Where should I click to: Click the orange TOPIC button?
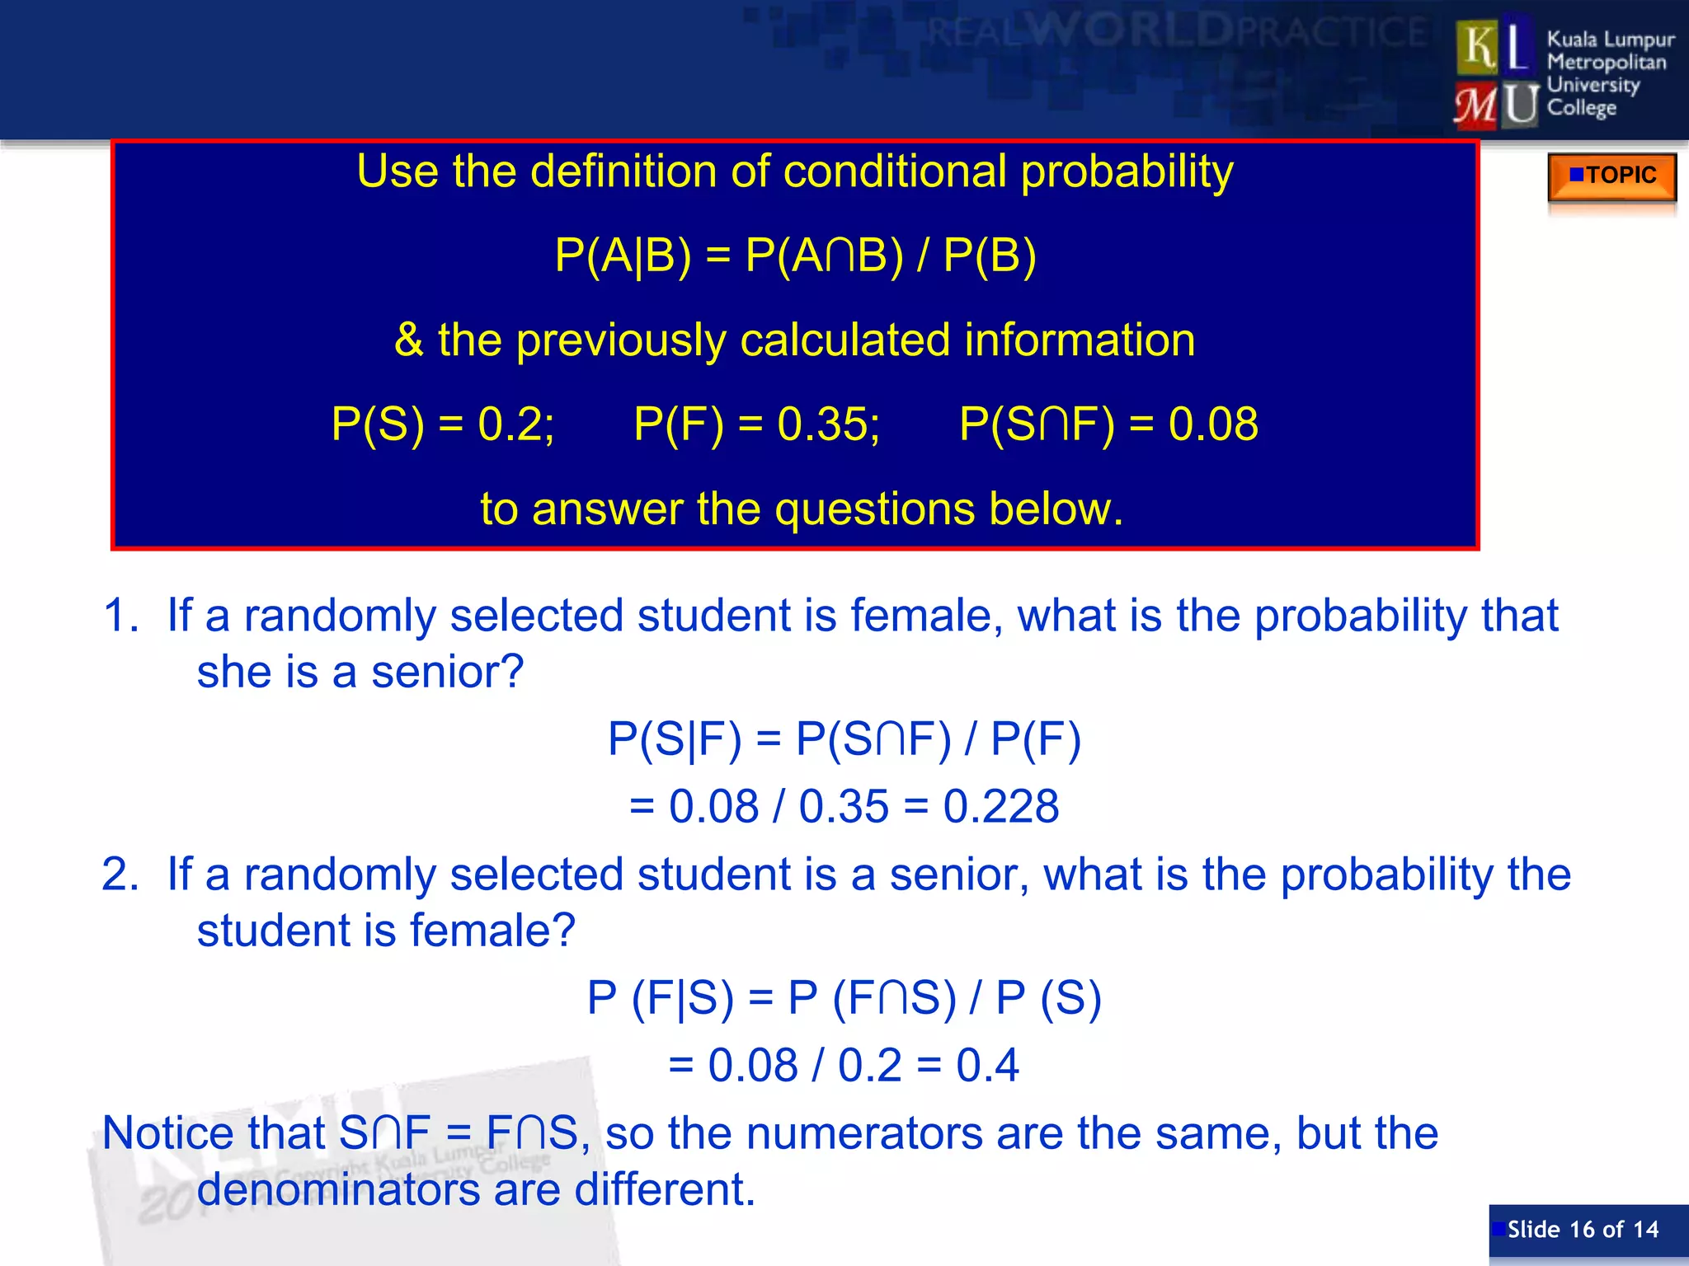(x=1611, y=176)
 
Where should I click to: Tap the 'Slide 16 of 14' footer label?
(x=1583, y=1229)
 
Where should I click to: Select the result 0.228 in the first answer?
(x=1000, y=806)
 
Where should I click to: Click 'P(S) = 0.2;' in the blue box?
(x=443, y=424)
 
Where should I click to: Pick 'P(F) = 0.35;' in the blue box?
(x=756, y=424)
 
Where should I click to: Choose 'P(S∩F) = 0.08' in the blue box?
(x=1108, y=424)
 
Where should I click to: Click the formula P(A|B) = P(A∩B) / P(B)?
(x=795, y=256)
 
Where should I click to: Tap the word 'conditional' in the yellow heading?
(x=895, y=171)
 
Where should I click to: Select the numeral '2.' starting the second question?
(x=120, y=874)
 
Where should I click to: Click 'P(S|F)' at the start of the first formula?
(x=674, y=738)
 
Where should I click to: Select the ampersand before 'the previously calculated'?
(x=409, y=340)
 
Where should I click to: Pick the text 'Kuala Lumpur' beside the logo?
(x=1610, y=40)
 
